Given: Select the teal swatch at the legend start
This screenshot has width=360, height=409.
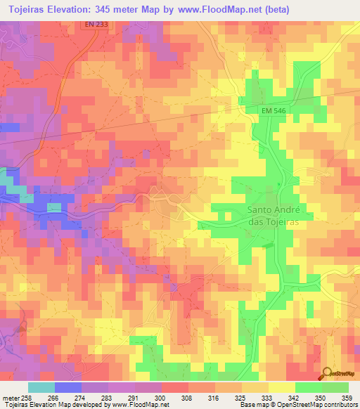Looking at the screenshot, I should click(x=41, y=387).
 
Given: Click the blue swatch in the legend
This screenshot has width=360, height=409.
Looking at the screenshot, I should click(x=67, y=387).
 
